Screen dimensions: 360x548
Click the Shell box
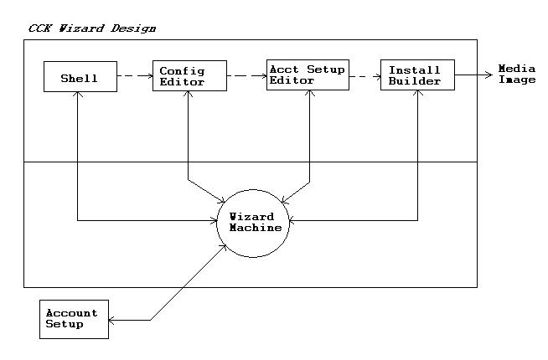tap(80, 78)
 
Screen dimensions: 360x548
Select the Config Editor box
tap(189, 76)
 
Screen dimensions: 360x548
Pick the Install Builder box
tap(417, 75)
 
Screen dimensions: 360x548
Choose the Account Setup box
tap(74, 318)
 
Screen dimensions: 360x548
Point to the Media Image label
tap(516, 74)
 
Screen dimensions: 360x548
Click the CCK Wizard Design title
tap(91, 28)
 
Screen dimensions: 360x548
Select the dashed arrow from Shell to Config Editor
tap(134, 76)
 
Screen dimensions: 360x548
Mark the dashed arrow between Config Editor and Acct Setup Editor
tap(246, 75)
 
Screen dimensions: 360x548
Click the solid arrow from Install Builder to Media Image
tap(473, 75)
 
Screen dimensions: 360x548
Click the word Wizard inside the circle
tap(256, 216)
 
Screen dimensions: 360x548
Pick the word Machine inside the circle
tap(256, 227)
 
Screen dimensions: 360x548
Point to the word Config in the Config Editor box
tap(177, 71)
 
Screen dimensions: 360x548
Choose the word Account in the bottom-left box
tap(71, 313)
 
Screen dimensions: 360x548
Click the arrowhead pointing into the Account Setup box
tap(114, 319)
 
